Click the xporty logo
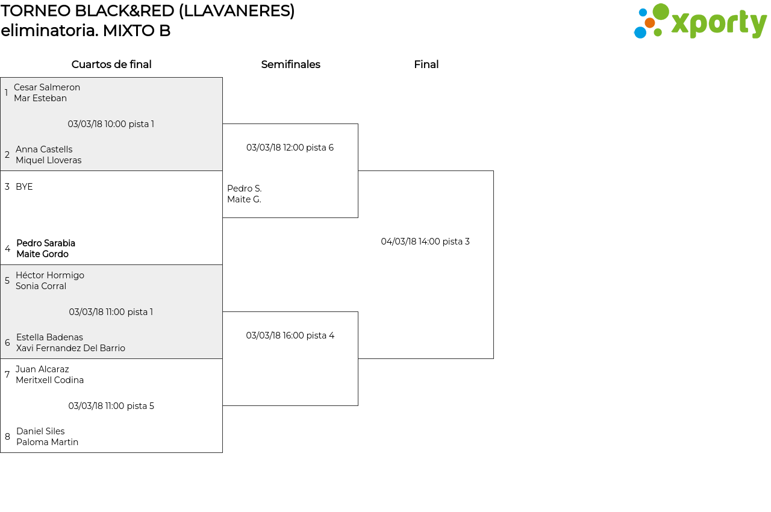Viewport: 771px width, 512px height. pos(700,21)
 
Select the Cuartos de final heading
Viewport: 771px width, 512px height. pos(111,64)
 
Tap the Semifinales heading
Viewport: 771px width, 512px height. pos(290,64)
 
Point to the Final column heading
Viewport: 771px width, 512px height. pos(426,64)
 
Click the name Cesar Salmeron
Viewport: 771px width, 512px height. pos(47,87)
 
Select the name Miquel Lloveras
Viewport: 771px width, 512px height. pos(49,160)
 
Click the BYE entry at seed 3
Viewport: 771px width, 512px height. pos(24,187)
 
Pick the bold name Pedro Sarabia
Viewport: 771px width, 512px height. pos(46,243)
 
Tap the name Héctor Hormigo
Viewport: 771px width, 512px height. pos(50,275)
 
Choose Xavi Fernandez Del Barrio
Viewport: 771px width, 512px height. pos(70,348)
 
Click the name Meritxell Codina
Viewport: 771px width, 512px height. pos(49,380)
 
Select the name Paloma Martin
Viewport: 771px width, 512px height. pos(47,442)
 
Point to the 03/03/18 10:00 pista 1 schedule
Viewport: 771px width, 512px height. pos(111,124)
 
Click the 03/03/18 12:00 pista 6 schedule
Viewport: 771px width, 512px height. pos(290,148)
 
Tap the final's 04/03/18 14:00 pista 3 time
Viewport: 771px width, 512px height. pos(425,242)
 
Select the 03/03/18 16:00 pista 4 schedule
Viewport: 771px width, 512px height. pos(290,336)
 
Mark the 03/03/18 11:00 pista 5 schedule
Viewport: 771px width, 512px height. pos(111,406)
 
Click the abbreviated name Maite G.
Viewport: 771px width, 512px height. pos(244,199)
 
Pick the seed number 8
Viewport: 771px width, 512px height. pos(7,437)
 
